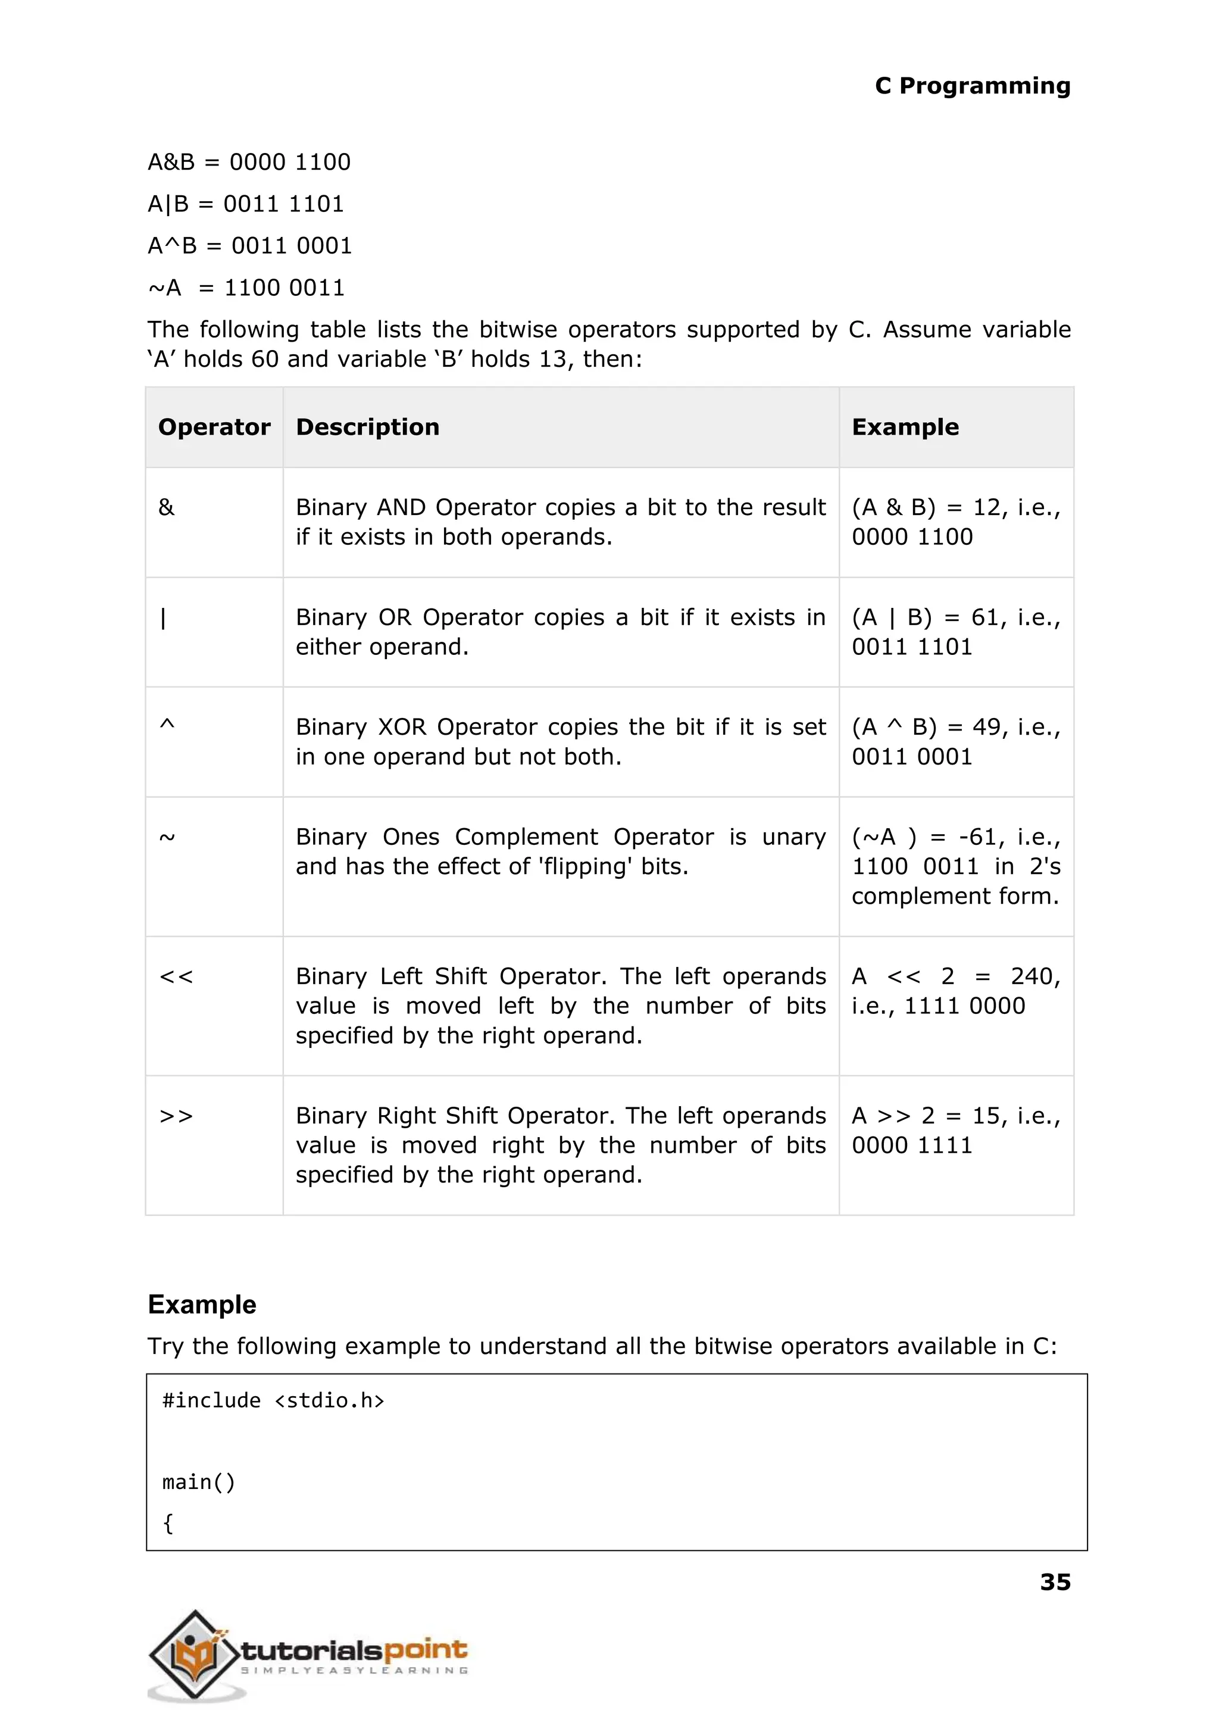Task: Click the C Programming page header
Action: click(x=972, y=86)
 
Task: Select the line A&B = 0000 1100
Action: click(x=249, y=162)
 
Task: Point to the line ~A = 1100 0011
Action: click(x=246, y=288)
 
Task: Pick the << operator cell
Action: click(x=176, y=977)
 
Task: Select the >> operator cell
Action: click(x=176, y=1116)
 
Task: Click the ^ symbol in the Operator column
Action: click(x=167, y=725)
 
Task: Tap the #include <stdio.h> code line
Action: click(x=273, y=1400)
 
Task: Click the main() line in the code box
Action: click(x=199, y=1482)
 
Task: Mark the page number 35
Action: click(x=1055, y=1582)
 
